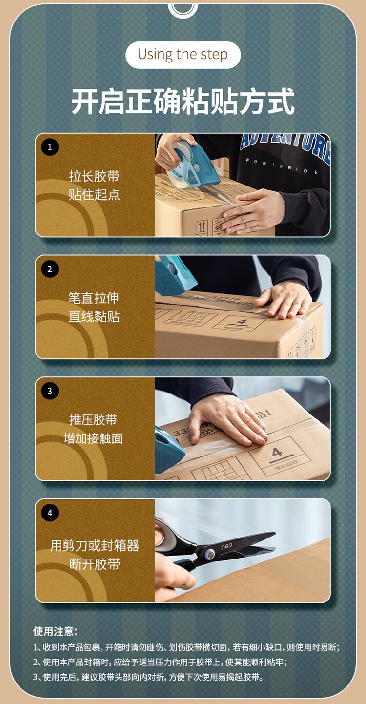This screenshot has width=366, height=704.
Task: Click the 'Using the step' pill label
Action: point(183,55)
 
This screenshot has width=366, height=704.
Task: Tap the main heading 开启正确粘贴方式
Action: point(183,102)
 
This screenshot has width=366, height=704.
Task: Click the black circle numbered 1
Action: point(50,147)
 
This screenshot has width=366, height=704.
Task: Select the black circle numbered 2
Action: point(50,269)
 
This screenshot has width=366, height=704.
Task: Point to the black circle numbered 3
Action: point(50,391)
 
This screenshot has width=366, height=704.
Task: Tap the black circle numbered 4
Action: point(50,513)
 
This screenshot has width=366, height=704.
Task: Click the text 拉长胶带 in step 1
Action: point(94,176)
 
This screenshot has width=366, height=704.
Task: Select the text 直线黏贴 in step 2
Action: point(94,316)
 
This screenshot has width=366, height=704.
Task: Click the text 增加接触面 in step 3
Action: point(93,438)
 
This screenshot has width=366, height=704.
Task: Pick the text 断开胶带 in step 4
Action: point(95,564)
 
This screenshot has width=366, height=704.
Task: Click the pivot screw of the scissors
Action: point(209,555)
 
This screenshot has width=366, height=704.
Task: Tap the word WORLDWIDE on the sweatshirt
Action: point(282,166)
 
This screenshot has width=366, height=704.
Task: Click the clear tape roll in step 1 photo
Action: point(181,165)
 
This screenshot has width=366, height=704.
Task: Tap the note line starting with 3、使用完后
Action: point(148,677)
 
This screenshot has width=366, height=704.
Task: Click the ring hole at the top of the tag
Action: point(183,8)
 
